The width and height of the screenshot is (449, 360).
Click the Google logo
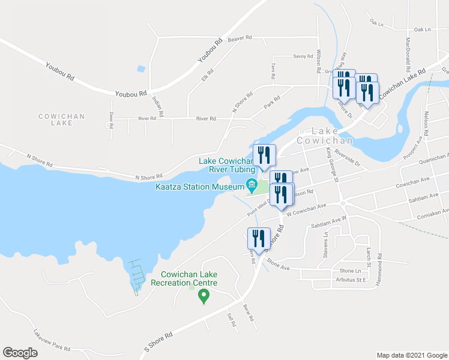(20, 353)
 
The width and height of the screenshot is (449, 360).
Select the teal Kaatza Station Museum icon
(252, 184)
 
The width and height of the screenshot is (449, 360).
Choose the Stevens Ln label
(327, 242)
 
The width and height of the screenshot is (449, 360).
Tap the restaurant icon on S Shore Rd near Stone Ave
(259, 237)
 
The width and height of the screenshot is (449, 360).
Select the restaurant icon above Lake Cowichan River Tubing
(264, 154)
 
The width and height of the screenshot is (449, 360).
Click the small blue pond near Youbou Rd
(140, 68)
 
